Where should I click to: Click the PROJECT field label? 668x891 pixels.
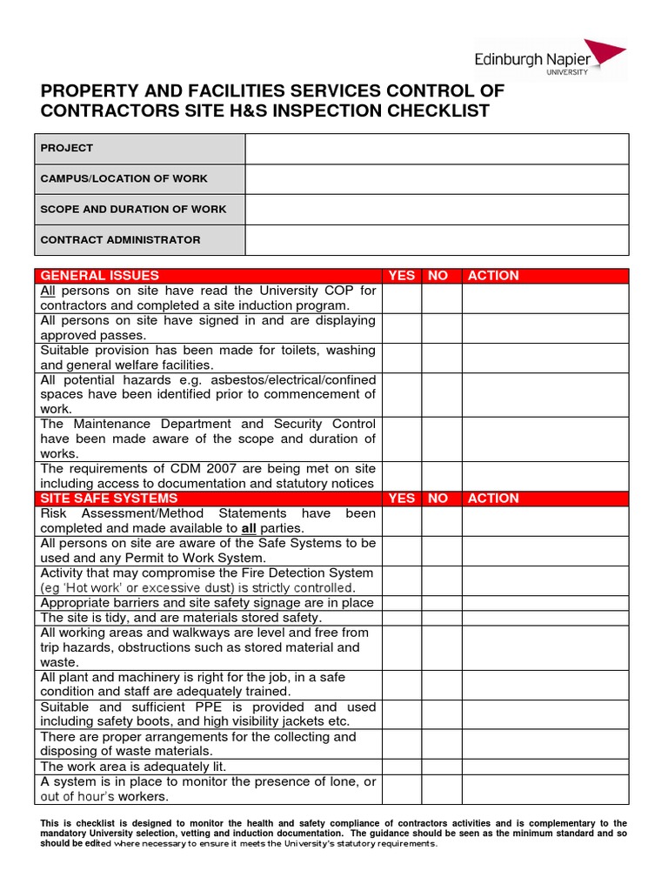pos(67,148)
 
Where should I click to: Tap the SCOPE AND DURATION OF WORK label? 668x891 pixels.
pos(133,209)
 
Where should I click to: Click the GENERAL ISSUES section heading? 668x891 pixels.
pos(100,276)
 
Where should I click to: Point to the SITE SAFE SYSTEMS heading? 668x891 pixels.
pos(109,499)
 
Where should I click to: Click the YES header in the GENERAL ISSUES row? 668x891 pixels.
pos(401,276)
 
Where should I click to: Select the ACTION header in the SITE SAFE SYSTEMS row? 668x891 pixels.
pos(492,499)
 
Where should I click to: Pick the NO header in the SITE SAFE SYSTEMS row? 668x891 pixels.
pos(438,499)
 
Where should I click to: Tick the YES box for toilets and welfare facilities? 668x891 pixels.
pos(402,358)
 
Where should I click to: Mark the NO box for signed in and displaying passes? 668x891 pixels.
pos(442,328)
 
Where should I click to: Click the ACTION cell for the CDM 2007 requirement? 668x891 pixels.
pos(544,476)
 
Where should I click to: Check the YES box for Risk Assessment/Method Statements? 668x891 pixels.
pos(402,521)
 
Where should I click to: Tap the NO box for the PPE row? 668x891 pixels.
pos(442,714)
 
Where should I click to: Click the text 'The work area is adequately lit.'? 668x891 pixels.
pos(133,767)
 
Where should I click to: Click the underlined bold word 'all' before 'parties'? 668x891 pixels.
pos(249,528)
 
